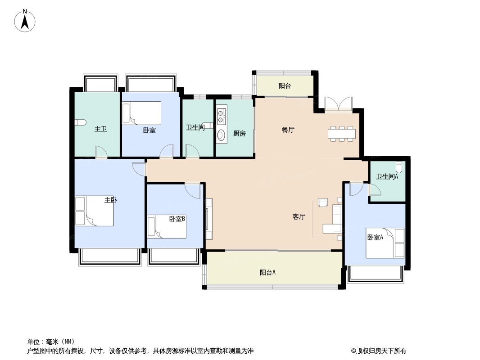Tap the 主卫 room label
coord(101,129)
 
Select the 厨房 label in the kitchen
coord(240,133)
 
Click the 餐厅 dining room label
coord(288,130)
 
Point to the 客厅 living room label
coord(299,216)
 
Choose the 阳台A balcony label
coord(267,272)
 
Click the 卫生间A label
coord(387,176)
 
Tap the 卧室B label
coord(177,219)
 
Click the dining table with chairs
coord(342,134)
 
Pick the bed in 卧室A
coord(385,243)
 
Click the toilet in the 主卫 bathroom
coord(80,122)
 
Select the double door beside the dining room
coord(339,104)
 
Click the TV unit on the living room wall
coord(209,219)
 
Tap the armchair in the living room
coord(323,202)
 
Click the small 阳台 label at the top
coord(285,86)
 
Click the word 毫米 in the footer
coord(53,342)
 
